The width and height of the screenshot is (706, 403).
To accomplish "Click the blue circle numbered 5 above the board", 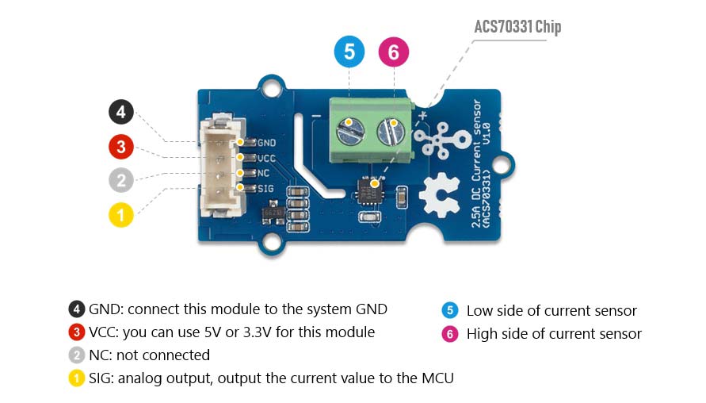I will pyautogui.click(x=349, y=53).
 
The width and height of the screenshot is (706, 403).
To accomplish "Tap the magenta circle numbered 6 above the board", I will pyautogui.click(x=394, y=53).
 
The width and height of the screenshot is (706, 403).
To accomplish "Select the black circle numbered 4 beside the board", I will pyautogui.click(x=121, y=112).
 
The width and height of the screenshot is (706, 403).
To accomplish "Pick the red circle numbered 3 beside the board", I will pyautogui.click(x=121, y=147).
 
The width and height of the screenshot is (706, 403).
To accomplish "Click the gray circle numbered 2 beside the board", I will pyautogui.click(x=121, y=180).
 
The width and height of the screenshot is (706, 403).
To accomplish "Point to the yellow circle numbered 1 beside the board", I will pyautogui.click(x=121, y=214).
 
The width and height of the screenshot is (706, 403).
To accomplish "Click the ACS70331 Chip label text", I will pyautogui.click(x=517, y=27).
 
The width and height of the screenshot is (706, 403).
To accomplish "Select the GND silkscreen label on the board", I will pyautogui.click(x=266, y=144).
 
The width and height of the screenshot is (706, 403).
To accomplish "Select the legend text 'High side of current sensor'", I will pyautogui.click(x=554, y=334).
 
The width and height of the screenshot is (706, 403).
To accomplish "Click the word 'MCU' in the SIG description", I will pyautogui.click(x=437, y=378).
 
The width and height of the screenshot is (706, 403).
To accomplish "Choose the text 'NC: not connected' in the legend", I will pyautogui.click(x=149, y=355).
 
